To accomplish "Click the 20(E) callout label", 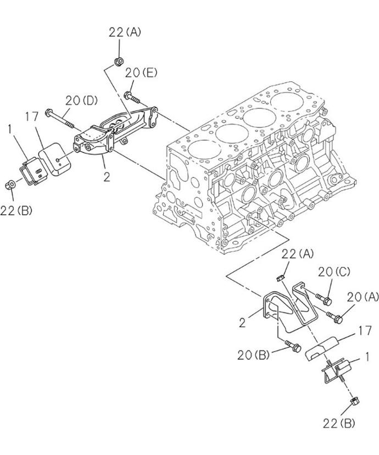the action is click(x=141, y=73).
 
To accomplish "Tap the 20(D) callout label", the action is click(x=81, y=101).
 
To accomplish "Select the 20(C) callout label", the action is click(x=334, y=272).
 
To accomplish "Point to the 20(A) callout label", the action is click(x=363, y=297).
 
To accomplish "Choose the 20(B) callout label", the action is click(x=253, y=355).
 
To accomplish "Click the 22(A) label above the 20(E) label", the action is click(x=125, y=32).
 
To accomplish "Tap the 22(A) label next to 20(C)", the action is click(x=298, y=254).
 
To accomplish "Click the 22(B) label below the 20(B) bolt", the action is click(x=339, y=424).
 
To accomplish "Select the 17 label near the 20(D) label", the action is click(x=32, y=116).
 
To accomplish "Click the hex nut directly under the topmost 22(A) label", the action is click(x=118, y=62).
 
